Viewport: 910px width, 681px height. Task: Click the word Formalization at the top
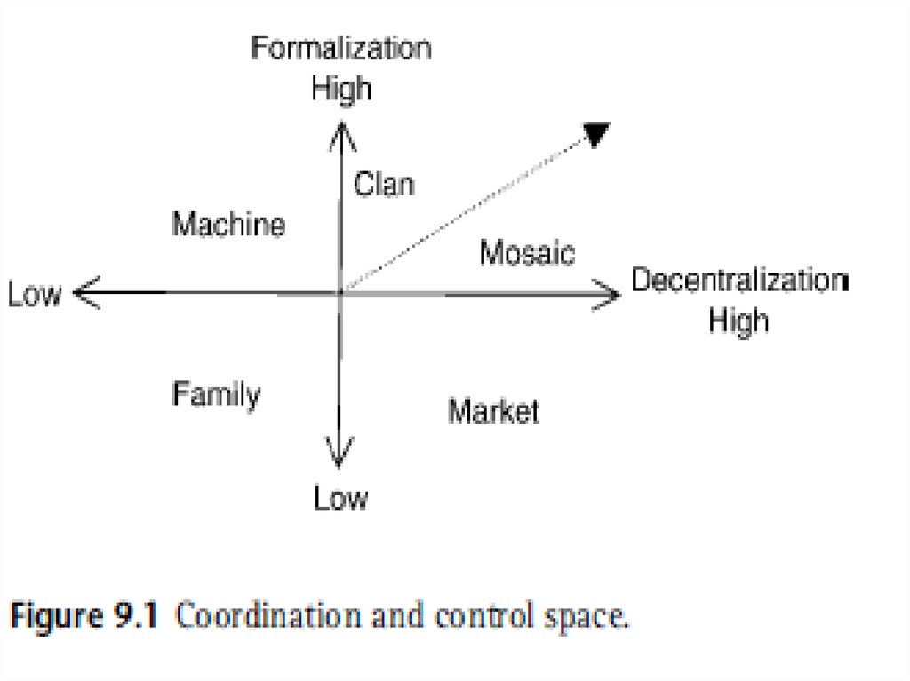tap(341, 48)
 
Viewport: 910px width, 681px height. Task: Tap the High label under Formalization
tap(341, 89)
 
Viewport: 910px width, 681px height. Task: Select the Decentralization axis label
tap(739, 280)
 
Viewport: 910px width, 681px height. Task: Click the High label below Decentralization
tap(739, 320)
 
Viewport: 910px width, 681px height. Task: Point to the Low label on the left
tap(36, 294)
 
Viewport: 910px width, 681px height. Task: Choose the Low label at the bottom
tap(340, 499)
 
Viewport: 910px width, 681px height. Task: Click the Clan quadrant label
tap(384, 186)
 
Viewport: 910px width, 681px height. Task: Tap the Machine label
tap(228, 225)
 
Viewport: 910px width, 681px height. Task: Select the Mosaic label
tap(527, 254)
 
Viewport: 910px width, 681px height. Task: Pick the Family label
tap(216, 393)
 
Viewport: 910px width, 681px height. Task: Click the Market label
tap(493, 411)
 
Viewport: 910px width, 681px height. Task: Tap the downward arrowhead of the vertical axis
tap(339, 458)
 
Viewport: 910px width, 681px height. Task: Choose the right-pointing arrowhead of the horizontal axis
tap(611, 293)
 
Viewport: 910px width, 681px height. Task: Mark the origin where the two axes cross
tap(340, 292)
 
